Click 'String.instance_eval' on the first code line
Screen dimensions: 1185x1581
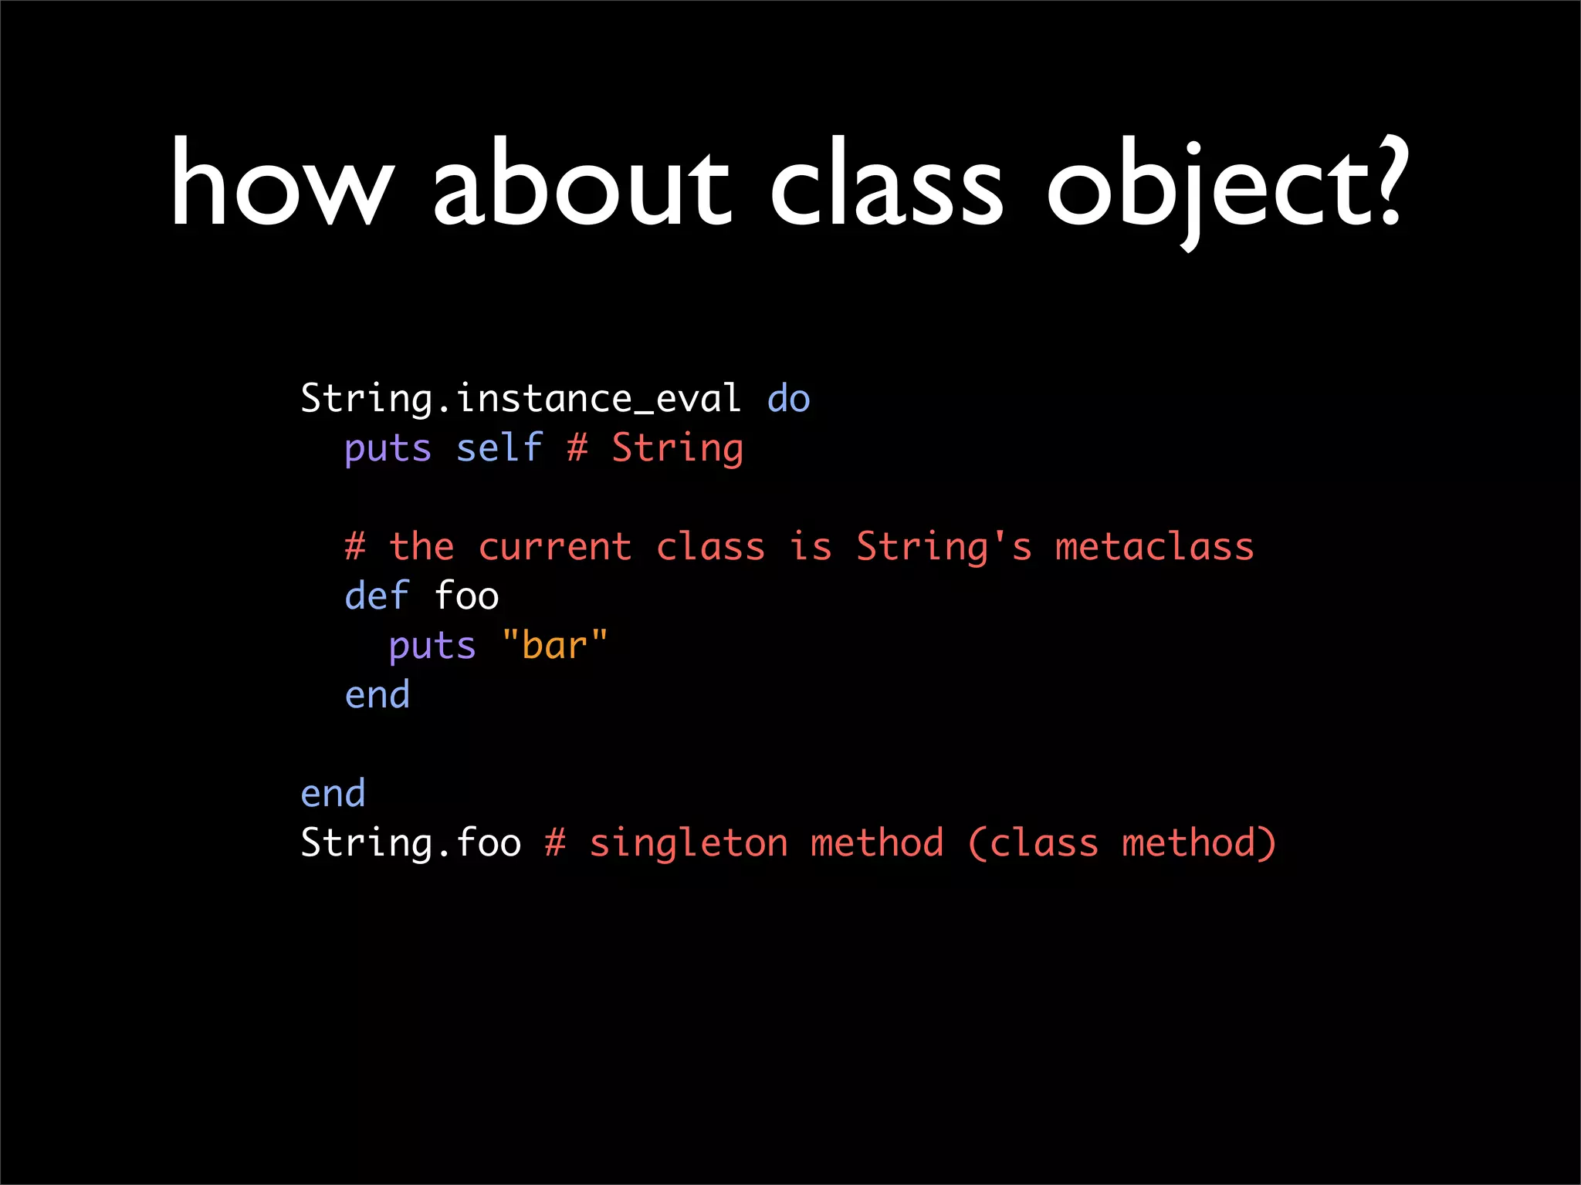click(x=520, y=400)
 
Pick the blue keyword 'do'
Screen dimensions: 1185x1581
click(x=788, y=400)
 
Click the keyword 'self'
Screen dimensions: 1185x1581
click(x=499, y=449)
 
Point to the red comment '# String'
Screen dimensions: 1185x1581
click(x=655, y=449)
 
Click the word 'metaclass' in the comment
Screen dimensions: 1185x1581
click(x=1154, y=548)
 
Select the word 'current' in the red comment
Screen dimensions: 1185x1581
click(x=555, y=548)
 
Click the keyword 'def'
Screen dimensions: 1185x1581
click(x=377, y=596)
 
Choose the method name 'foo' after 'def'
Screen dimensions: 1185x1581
click(x=466, y=596)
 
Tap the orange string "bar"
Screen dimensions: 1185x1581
click(x=554, y=646)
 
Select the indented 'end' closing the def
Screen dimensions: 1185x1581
click(x=377, y=695)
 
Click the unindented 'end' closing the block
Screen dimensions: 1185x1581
click(x=333, y=794)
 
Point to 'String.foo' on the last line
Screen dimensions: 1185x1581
click(x=410, y=843)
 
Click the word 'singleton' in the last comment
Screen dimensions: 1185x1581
click(x=689, y=843)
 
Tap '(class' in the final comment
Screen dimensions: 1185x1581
click(x=1032, y=843)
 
